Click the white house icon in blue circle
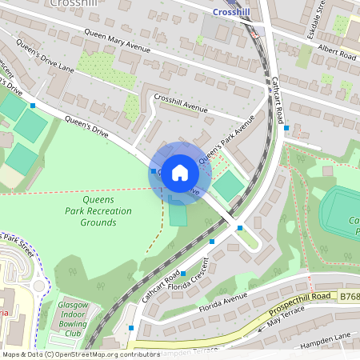pos(180,172)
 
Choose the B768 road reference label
pos(349,296)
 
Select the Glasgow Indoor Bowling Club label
pos(78,318)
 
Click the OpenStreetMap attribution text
pos(81,354)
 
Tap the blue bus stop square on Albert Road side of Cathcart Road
pos(286,128)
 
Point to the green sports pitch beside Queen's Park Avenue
pos(229,186)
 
